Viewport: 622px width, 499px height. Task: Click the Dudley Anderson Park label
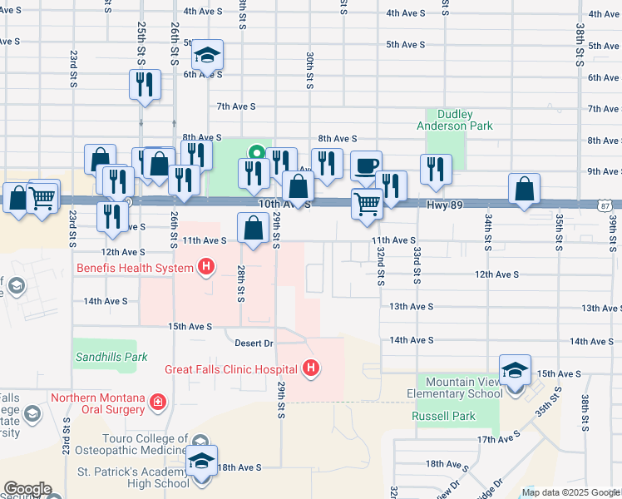click(454, 120)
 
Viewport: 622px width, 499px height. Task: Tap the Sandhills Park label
click(112, 357)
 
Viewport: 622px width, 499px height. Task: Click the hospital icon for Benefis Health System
click(205, 267)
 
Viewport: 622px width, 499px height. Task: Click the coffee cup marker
click(366, 166)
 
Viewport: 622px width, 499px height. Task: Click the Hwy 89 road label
click(444, 203)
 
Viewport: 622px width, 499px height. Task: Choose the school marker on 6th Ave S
click(207, 56)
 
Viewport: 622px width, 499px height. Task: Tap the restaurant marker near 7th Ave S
click(146, 84)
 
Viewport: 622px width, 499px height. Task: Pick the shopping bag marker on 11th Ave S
click(253, 227)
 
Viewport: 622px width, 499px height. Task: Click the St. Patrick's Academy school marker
click(201, 461)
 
